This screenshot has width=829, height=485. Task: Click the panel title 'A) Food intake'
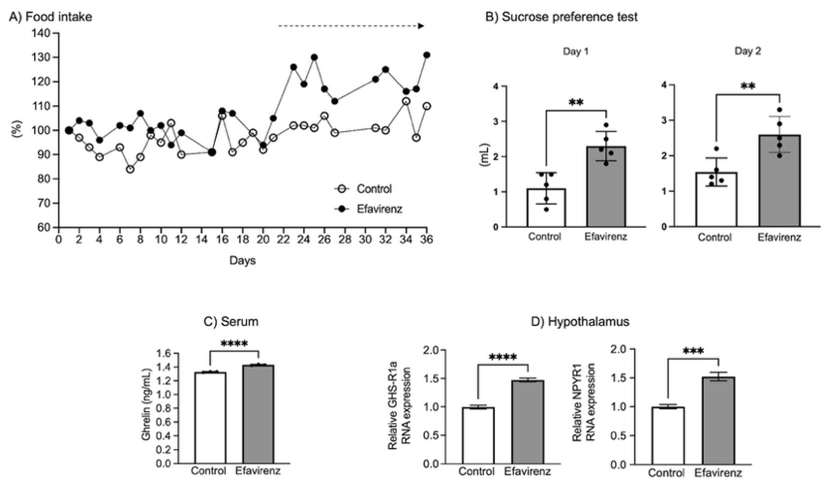pyautogui.click(x=50, y=16)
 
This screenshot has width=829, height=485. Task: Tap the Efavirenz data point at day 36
pyautogui.click(x=427, y=55)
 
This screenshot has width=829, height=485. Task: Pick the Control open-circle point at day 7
pyautogui.click(x=130, y=169)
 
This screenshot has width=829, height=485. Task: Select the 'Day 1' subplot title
pyautogui.click(x=576, y=52)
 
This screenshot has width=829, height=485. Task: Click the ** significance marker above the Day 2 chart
pyautogui.click(x=748, y=87)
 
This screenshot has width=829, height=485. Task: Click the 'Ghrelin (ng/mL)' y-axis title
pyautogui.click(x=146, y=404)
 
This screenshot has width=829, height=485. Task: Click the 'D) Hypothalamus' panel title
pyautogui.click(x=580, y=322)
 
